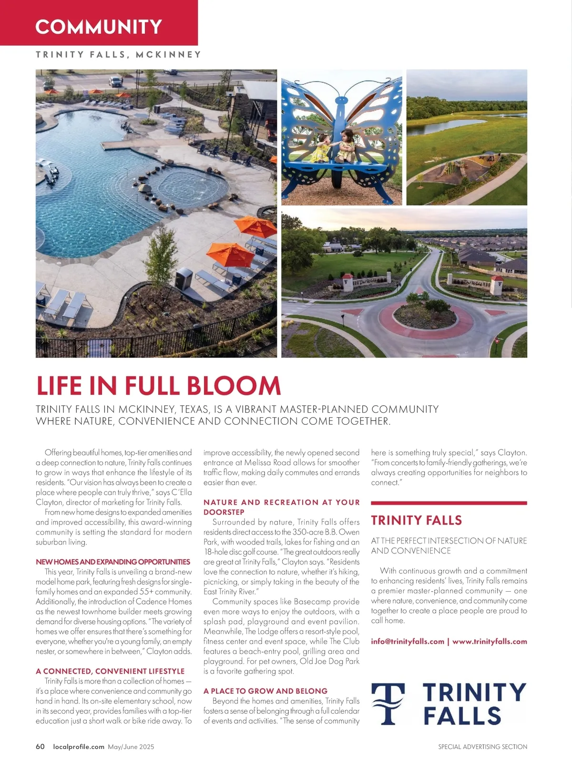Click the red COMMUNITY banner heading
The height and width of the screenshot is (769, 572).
coord(99,27)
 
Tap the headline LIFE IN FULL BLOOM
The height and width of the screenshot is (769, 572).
coord(158,385)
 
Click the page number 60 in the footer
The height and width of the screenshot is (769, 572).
coord(40,747)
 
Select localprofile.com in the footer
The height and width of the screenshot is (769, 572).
coord(79,747)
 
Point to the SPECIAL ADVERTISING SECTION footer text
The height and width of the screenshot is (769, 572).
coord(482,747)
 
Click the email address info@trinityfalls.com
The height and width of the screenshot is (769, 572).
coord(408,641)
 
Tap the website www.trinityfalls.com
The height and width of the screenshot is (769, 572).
coord(490,641)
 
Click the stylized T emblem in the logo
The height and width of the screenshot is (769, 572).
coord(388,704)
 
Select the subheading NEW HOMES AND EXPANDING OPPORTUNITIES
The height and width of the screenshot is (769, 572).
coord(113,562)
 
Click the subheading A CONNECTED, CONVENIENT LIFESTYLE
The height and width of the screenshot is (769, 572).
coord(110,671)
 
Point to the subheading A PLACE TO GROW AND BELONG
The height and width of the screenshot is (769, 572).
coord(266,691)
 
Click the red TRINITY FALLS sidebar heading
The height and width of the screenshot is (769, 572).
coord(416,520)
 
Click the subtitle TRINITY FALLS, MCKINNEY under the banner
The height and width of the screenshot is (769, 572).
coord(118,55)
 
